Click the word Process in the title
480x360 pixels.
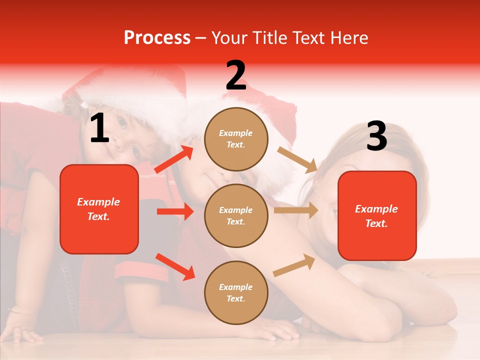pos(157,37)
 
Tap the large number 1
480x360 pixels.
pos(99,128)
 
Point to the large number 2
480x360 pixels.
pos(235,75)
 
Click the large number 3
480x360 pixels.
pos(376,136)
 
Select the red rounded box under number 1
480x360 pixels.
pos(99,209)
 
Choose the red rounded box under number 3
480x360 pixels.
pos(377,215)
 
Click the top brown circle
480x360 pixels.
pos(236,139)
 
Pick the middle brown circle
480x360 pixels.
pos(236,215)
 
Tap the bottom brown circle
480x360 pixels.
pos(236,292)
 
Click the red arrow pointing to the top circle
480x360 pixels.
pos(174,159)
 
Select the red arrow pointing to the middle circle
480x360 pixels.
pos(175,211)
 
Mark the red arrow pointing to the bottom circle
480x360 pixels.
pos(175,266)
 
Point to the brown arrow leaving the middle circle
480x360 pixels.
pos(296,210)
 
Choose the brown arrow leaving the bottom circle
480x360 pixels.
pos(294,265)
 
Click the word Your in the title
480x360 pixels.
pos(230,37)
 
